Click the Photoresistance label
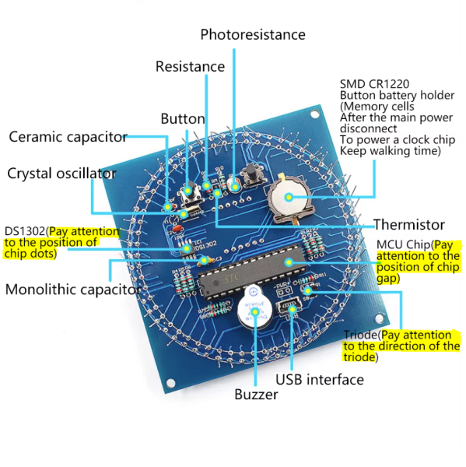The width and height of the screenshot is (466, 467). point(253,34)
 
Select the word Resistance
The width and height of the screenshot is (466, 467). point(191,66)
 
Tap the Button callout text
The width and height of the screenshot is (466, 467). point(183,119)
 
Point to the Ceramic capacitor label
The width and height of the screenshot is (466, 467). point(68,137)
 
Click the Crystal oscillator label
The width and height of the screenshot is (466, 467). point(62,174)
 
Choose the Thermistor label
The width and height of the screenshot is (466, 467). point(409,225)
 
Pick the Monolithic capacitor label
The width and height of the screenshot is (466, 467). point(73,290)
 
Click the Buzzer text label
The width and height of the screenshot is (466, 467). point(256,395)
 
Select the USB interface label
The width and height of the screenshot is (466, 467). point(320,380)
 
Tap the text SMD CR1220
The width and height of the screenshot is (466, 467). point(374,84)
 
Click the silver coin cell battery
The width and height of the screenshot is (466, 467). point(288,198)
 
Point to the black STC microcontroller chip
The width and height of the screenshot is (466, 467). point(252,272)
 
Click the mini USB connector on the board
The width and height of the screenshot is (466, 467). point(289,308)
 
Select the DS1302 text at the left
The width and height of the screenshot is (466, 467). point(25,231)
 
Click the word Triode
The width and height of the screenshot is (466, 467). point(361,335)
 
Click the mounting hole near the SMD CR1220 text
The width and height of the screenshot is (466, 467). point(314,114)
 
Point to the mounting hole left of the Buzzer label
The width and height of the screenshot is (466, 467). point(170,383)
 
